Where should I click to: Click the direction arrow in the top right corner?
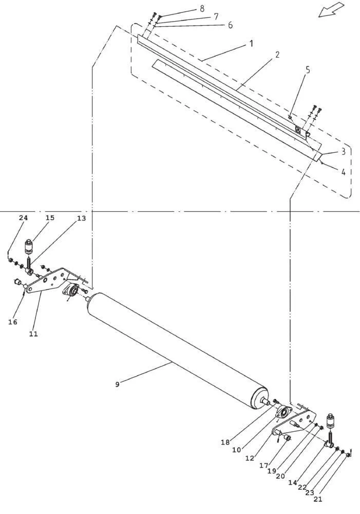[x=331, y=9]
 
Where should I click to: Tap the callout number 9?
[x=117, y=384]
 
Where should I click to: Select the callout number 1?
[x=251, y=43]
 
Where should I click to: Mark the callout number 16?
[x=13, y=322]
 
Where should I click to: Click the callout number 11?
[x=33, y=334]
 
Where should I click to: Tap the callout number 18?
[x=225, y=442]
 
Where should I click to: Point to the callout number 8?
[x=202, y=9]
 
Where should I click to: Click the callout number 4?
[x=343, y=172]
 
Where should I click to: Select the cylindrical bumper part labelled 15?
[x=30, y=246]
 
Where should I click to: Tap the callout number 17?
[x=263, y=465]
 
